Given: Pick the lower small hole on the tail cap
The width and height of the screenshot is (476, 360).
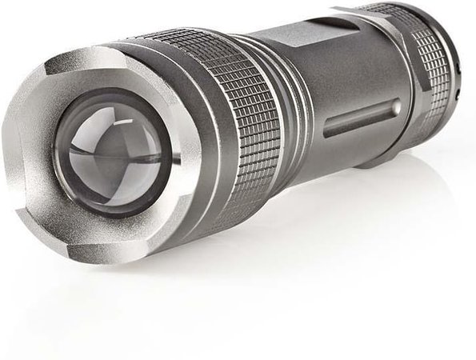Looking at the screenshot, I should [458, 94].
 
